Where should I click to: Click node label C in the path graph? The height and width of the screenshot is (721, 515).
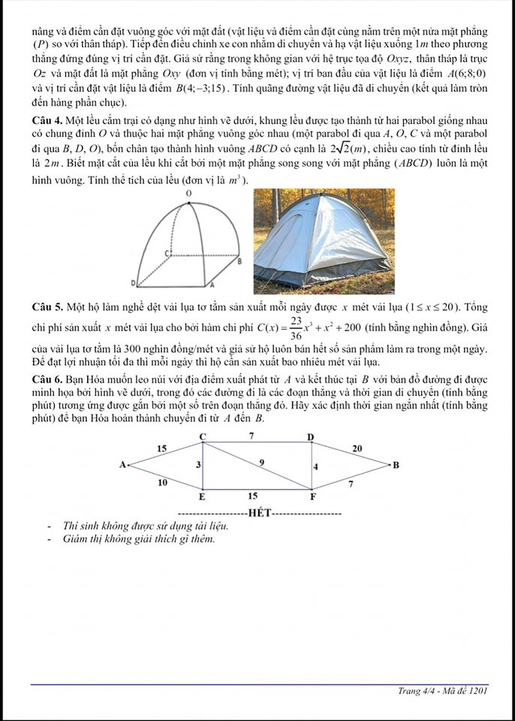(x=202, y=436)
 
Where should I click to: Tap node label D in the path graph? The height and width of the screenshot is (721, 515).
(x=311, y=436)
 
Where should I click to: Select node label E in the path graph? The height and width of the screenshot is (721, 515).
(x=201, y=496)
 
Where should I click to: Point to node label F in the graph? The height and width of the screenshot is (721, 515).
(x=313, y=496)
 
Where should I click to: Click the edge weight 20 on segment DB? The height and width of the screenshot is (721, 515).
(x=357, y=448)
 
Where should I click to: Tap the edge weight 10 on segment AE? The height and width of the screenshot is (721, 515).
(x=162, y=482)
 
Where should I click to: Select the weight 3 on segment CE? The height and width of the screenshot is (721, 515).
(x=198, y=466)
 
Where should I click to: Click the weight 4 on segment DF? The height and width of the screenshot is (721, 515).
(x=316, y=467)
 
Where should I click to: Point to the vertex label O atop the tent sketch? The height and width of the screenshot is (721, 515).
(x=190, y=194)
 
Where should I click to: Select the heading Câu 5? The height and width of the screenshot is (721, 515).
(x=47, y=308)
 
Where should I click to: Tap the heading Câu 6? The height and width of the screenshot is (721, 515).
(x=47, y=379)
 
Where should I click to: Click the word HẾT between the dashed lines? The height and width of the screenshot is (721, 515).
(x=259, y=513)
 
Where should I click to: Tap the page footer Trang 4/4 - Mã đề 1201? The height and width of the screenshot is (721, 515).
(x=443, y=692)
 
